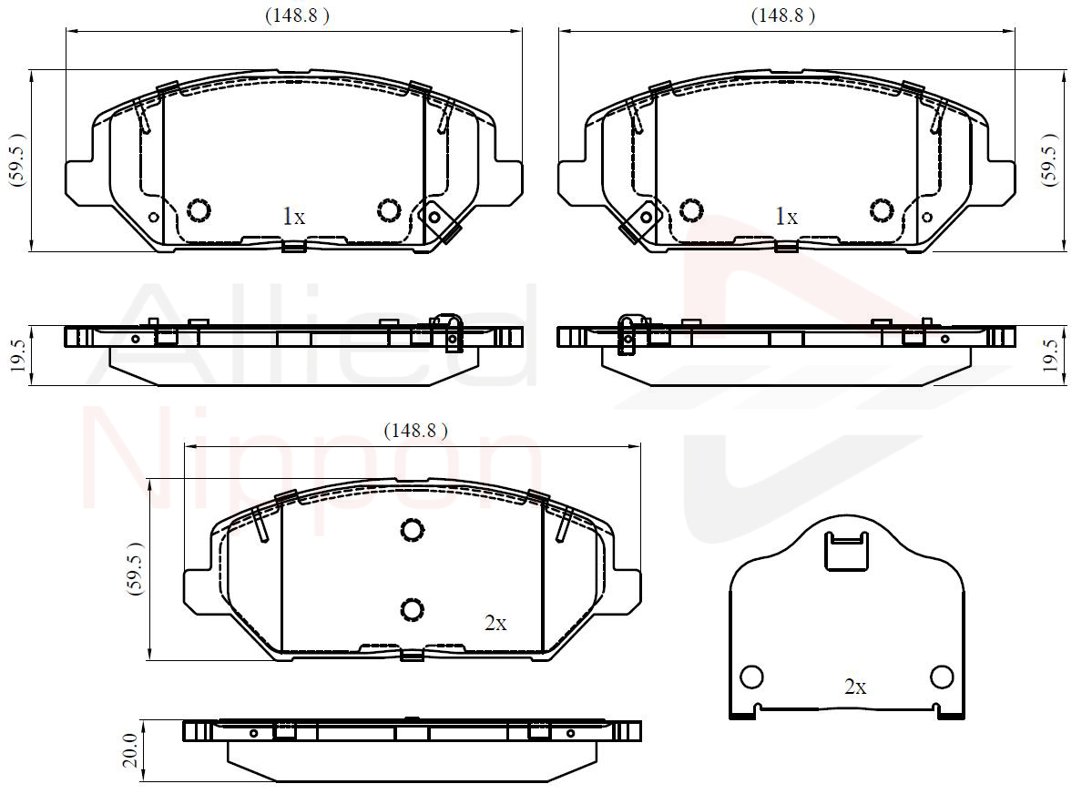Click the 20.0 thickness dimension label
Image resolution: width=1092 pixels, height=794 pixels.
pyautogui.click(x=131, y=750)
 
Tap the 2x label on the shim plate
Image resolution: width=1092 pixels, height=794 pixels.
pyautogui.click(x=855, y=687)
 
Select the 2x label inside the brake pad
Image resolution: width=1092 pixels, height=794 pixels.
pyautogui.click(x=495, y=624)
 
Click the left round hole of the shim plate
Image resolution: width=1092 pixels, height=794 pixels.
pyautogui.click(x=751, y=677)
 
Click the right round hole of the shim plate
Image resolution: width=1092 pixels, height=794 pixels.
pyautogui.click(x=942, y=677)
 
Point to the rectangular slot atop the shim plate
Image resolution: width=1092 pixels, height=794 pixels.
pyautogui.click(x=846, y=551)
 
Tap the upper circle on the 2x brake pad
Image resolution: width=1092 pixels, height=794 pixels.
pyautogui.click(x=413, y=530)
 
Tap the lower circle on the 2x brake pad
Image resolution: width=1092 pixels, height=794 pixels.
pyautogui.click(x=413, y=609)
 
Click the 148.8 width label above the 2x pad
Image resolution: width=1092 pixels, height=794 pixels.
pyautogui.click(x=415, y=431)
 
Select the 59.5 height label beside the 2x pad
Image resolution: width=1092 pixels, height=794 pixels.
pyautogui.click(x=135, y=568)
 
